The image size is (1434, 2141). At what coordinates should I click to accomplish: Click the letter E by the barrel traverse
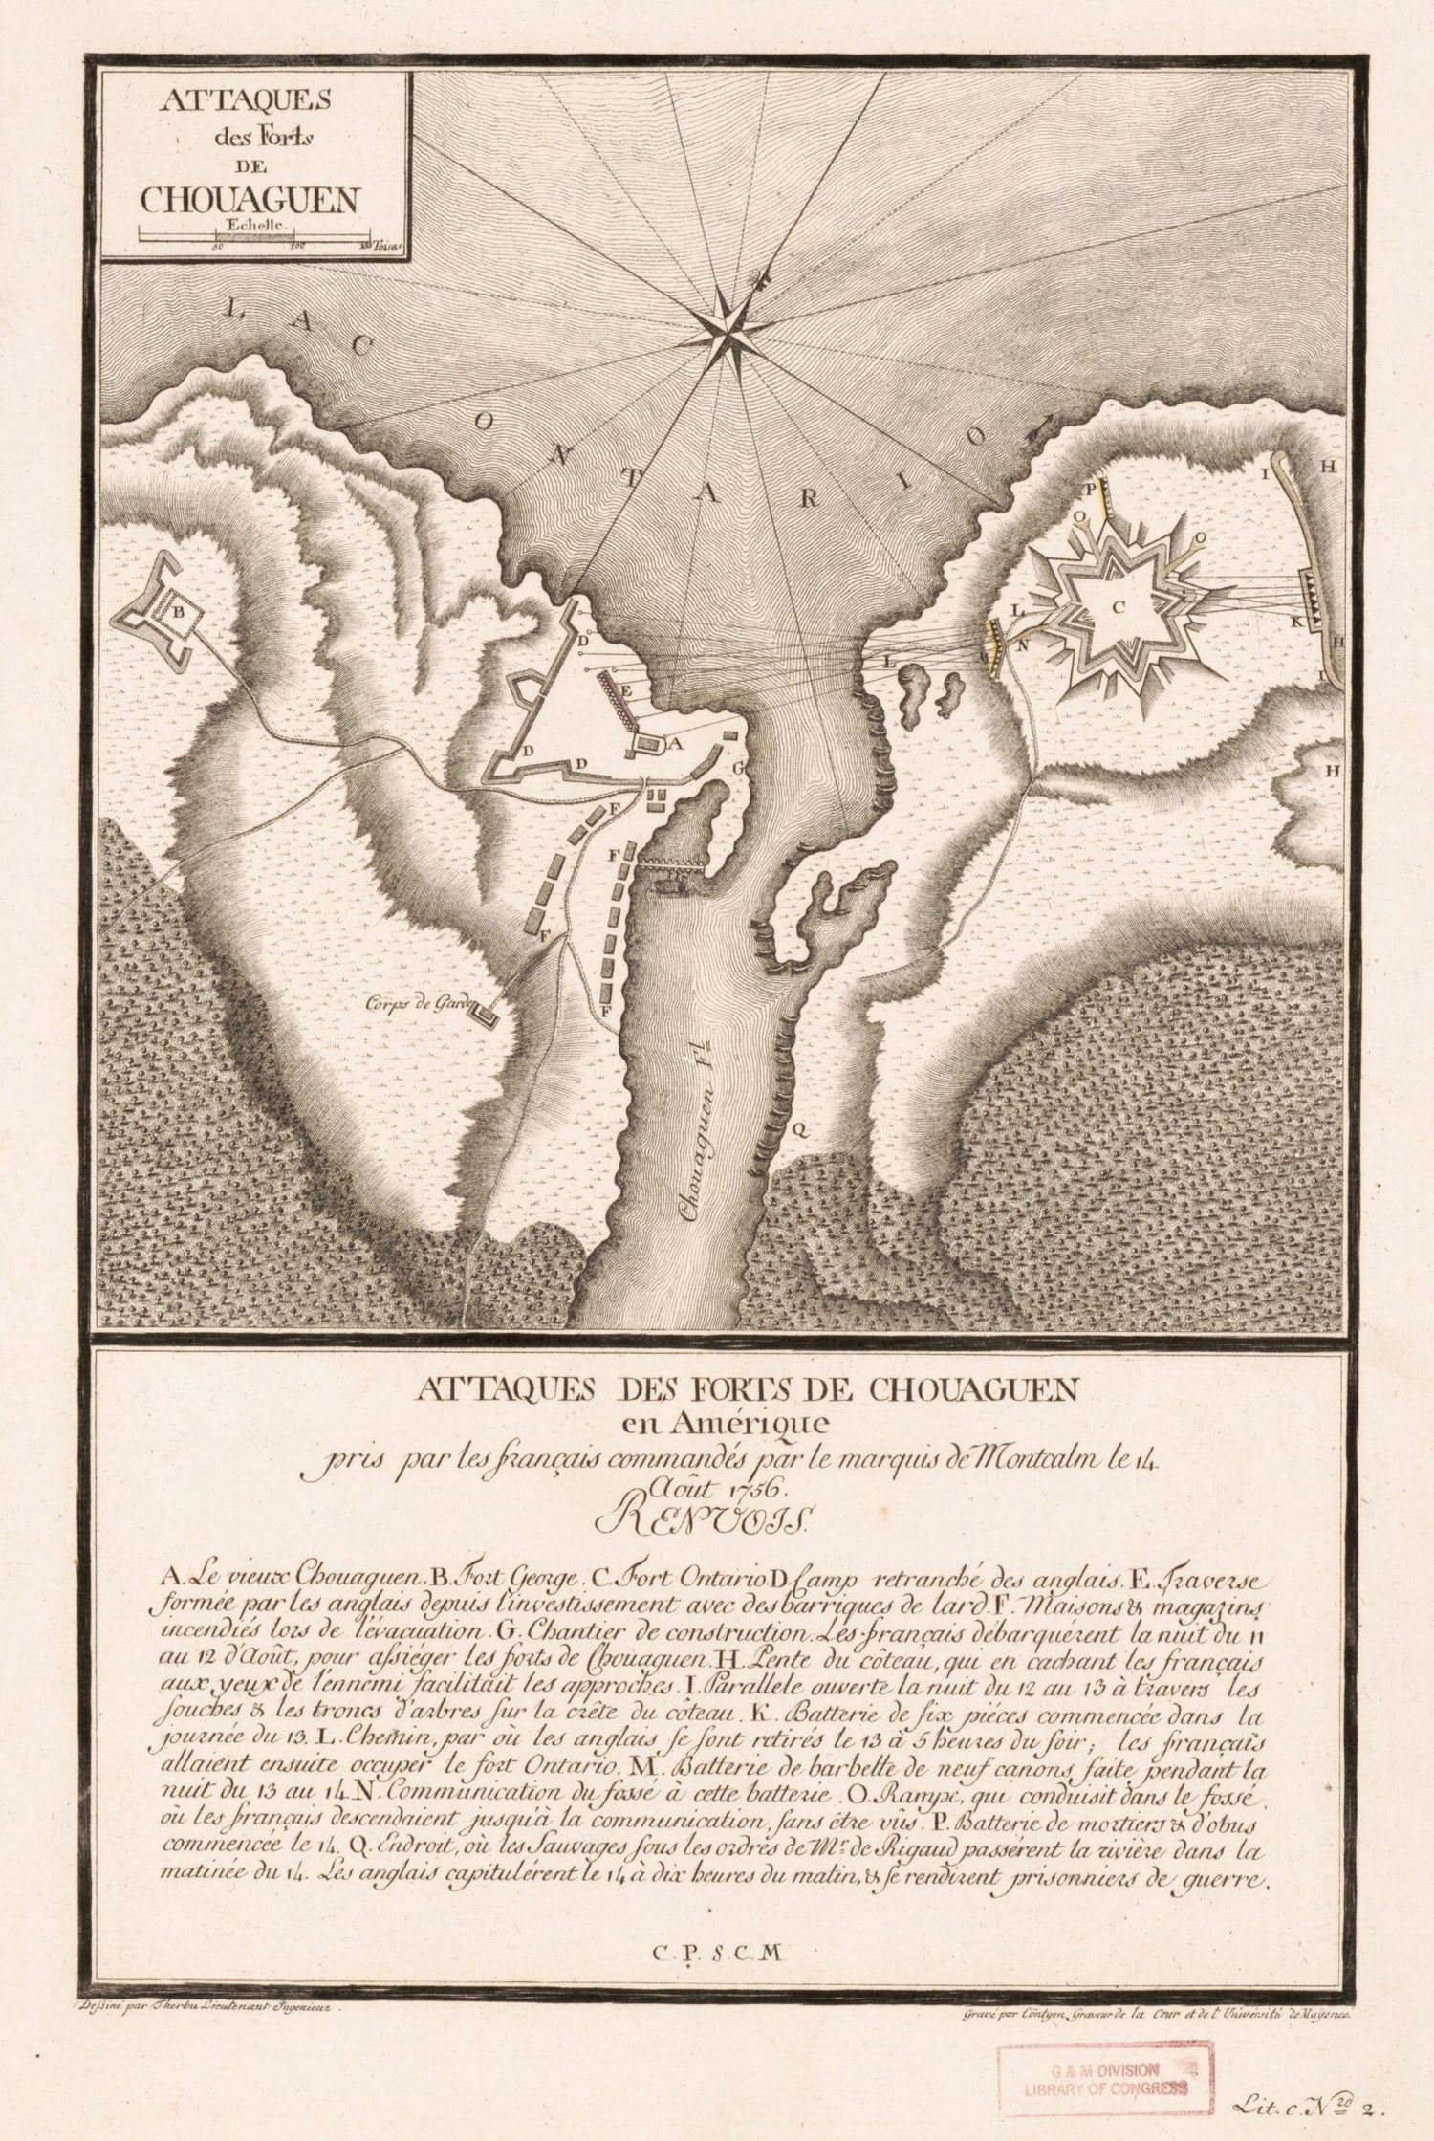click(x=626, y=688)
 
